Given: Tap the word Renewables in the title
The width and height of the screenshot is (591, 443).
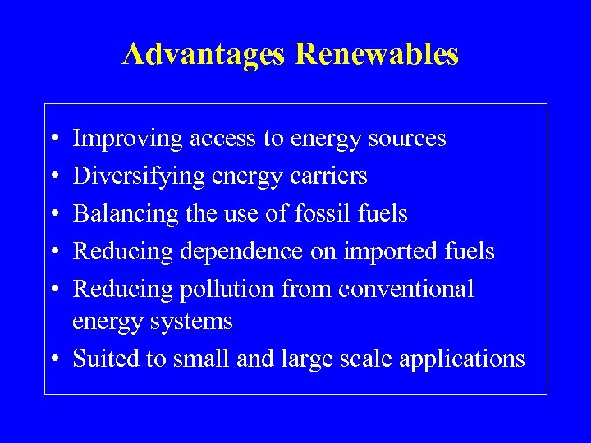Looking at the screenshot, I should tap(377, 54).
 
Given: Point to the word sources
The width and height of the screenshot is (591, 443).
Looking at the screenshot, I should tap(408, 139).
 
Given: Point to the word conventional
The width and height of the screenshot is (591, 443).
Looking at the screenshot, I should tap(406, 290).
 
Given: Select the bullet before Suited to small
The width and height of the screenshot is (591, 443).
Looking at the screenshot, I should tap(53, 359).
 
